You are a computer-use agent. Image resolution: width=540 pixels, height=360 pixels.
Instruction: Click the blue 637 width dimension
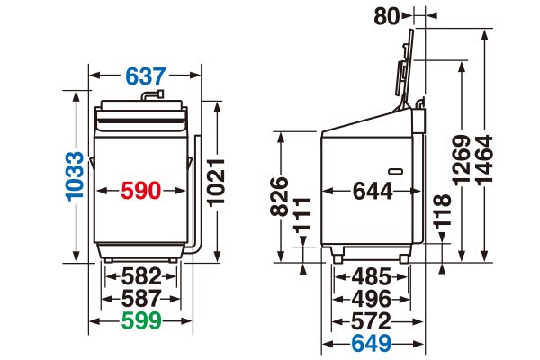(x=145, y=76)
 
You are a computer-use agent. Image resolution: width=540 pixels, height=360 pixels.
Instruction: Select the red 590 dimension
(x=141, y=191)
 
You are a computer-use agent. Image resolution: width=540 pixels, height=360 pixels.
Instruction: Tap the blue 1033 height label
(x=75, y=176)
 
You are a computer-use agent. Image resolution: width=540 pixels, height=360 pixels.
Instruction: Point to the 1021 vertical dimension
(x=216, y=183)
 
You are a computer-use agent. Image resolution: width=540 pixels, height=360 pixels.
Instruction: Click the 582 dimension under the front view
(x=141, y=276)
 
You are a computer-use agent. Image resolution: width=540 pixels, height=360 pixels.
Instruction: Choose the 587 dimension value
(x=141, y=298)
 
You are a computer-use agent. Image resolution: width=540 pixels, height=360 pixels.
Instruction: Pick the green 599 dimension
(x=141, y=320)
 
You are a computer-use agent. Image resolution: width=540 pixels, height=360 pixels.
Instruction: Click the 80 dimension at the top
(x=387, y=16)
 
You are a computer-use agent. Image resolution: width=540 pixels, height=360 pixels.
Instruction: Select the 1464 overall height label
(x=484, y=160)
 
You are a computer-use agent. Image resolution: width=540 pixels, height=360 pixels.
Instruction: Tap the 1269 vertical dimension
(x=462, y=160)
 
